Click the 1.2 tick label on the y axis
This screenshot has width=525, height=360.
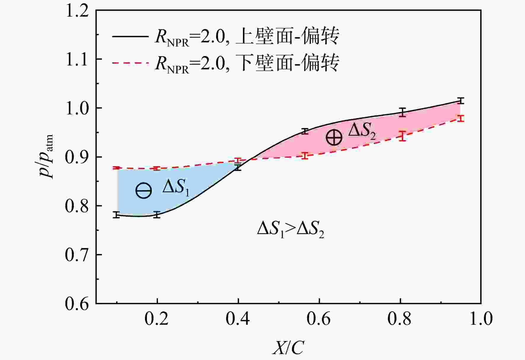click(x=77, y=11)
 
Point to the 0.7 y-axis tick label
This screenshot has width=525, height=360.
click(x=77, y=255)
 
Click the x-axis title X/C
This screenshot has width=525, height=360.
click(x=288, y=347)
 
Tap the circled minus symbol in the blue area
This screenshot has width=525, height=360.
click(x=144, y=191)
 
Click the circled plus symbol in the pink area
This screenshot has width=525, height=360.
click(x=334, y=137)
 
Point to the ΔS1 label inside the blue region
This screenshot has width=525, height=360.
click(x=176, y=188)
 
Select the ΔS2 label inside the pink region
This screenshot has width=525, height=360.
click(x=362, y=131)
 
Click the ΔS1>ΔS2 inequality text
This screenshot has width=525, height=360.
click(x=290, y=230)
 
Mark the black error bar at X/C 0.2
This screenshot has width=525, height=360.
click(x=157, y=215)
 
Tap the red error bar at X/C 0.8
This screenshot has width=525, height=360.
click(x=402, y=136)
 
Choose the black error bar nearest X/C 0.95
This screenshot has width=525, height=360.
click(x=460, y=101)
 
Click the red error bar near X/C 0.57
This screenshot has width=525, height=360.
click(x=305, y=156)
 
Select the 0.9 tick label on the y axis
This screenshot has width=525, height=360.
click(x=77, y=157)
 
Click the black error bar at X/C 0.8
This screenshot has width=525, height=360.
click(x=402, y=112)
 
